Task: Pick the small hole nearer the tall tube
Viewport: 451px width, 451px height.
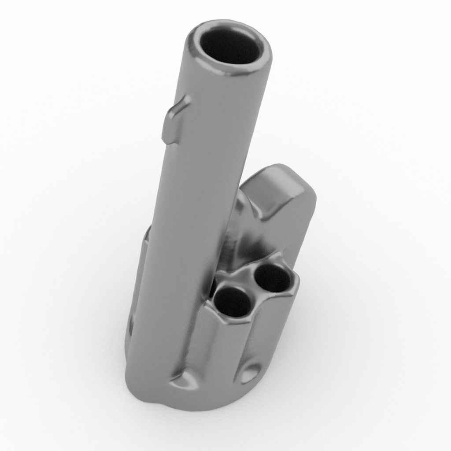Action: click(233, 303)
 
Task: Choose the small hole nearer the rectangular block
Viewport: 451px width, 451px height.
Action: click(273, 279)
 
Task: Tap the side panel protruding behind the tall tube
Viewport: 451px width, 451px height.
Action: click(140, 282)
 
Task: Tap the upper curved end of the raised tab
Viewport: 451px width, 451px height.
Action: click(181, 104)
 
